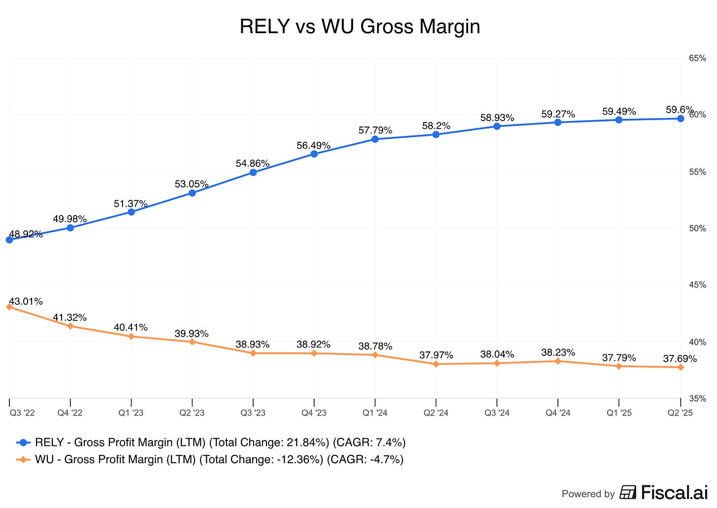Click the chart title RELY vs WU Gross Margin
pyautogui.click(x=359, y=27)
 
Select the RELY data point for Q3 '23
pyautogui.click(x=253, y=172)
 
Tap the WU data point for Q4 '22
pyautogui.click(x=70, y=326)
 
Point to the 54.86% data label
pyautogui.click(x=252, y=163)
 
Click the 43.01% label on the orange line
pyautogui.click(x=26, y=301)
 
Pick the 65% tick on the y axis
pyautogui.click(x=697, y=58)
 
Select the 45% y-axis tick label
pyautogui.click(x=697, y=285)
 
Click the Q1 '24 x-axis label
pyautogui.click(x=375, y=413)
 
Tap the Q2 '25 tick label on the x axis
pyautogui.click(x=680, y=413)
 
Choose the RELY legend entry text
pyautogui.click(x=220, y=443)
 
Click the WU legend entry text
pyautogui.click(x=219, y=460)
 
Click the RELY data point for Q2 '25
pyautogui.click(x=680, y=119)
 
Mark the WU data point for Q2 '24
pyautogui.click(x=436, y=364)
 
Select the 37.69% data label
pyautogui.click(x=680, y=359)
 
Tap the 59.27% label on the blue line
pyautogui.click(x=558, y=114)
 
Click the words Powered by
pyautogui.click(x=588, y=494)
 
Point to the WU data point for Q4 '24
pyautogui.click(x=558, y=361)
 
